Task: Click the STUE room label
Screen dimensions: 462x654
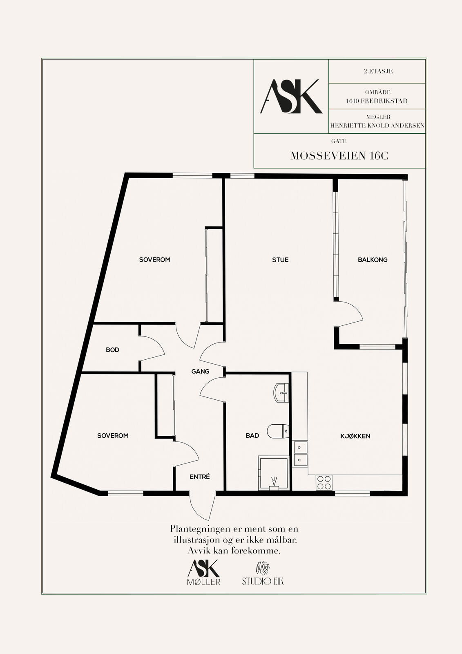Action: point(280,260)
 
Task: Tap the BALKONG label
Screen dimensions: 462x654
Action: point(373,260)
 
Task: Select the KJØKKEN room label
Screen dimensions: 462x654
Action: point(355,436)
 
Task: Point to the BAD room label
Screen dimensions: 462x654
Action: point(252,436)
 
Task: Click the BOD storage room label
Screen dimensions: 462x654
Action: point(112,350)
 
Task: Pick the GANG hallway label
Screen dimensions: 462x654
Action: point(200,372)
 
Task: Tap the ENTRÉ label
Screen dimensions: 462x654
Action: point(200,477)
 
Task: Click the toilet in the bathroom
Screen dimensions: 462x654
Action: point(278,431)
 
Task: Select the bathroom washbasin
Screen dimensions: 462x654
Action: point(281,393)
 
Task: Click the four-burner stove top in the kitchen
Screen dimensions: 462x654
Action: point(324,482)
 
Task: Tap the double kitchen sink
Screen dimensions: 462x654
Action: point(300,453)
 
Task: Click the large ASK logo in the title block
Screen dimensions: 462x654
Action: point(291,96)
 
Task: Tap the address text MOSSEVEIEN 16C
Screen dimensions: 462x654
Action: point(339,156)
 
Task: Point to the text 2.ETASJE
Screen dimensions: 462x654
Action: point(378,71)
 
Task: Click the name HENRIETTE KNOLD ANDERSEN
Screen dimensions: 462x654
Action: point(377,125)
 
